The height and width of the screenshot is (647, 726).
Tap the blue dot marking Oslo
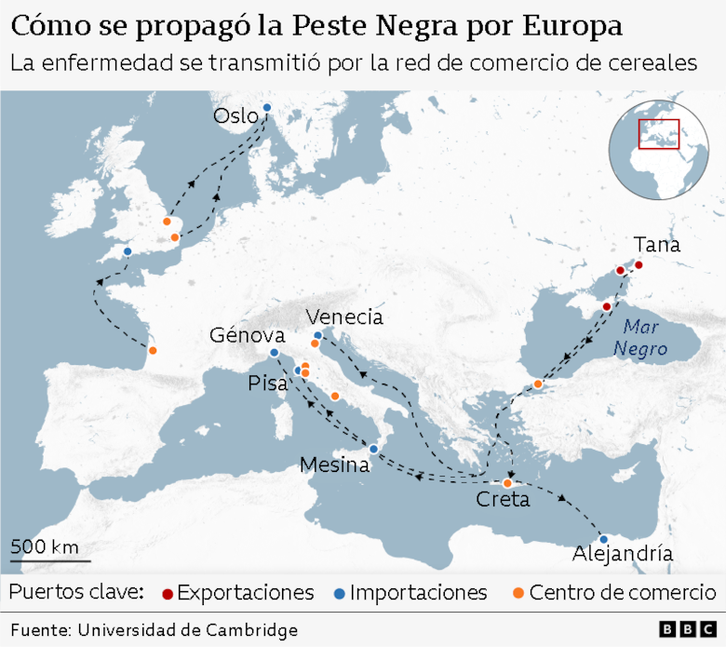[266, 108]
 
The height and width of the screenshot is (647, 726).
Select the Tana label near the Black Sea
[656, 245]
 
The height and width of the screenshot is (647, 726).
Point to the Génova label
[247, 335]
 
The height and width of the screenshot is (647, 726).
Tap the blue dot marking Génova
[274, 354]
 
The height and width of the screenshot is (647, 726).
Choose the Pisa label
[268, 384]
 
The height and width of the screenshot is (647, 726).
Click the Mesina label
[335, 465]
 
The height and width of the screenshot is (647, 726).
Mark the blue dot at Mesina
[373, 450]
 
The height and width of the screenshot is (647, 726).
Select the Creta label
[503, 500]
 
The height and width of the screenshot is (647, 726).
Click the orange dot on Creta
[507, 483]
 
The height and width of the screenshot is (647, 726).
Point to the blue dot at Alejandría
[603, 539]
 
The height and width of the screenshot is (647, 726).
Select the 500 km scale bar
[50, 560]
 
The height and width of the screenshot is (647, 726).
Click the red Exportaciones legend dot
[168, 593]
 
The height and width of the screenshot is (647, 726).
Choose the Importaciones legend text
[418, 593]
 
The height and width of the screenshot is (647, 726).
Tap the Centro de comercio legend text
[622, 593]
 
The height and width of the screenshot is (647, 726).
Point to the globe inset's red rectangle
[659, 134]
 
